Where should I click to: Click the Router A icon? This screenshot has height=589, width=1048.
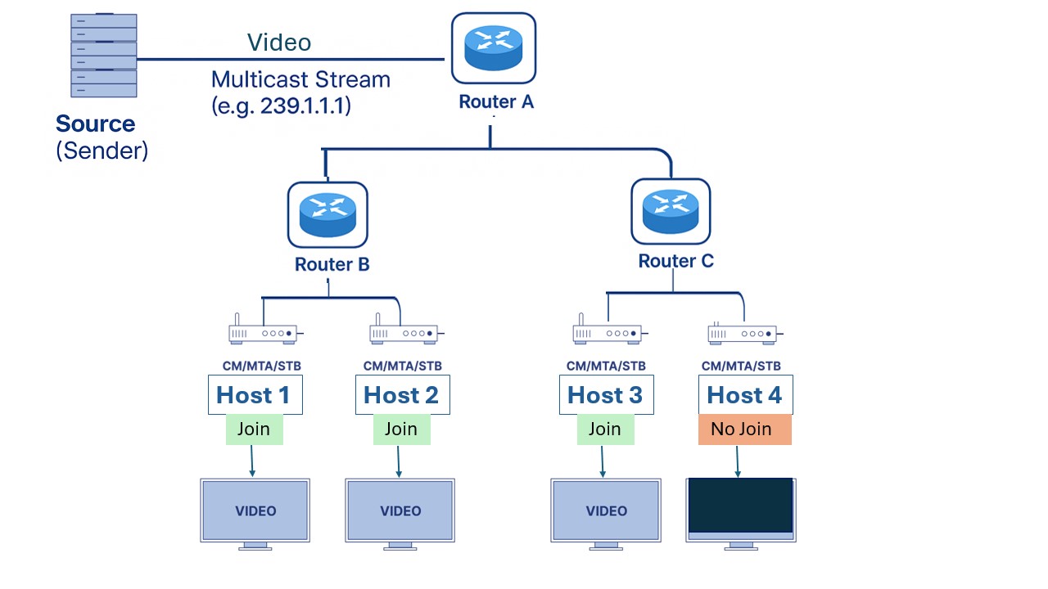[x=493, y=50]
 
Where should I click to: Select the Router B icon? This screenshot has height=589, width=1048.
[x=327, y=214]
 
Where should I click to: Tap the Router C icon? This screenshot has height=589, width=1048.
[x=671, y=211]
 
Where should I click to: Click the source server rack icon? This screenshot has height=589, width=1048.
[x=104, y=55]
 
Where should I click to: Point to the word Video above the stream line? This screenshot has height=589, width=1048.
[x=279, y=43]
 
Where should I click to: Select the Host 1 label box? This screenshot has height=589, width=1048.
[x=254, y=395]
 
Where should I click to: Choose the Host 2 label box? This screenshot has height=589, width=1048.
[x=401, y=395]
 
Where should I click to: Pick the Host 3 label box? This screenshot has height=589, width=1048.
[x=605, y=395]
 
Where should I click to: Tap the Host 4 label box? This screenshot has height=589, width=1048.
[x=744, y=395]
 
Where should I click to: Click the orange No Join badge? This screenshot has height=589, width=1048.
[x=744, y=429]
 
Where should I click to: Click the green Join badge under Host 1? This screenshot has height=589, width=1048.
[x=254, y=429]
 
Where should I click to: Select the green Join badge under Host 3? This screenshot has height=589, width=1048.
[x=605, y=429]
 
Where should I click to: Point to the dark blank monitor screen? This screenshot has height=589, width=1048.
[x=741, y=506]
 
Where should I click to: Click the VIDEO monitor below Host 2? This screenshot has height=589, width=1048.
[x=400, y=510]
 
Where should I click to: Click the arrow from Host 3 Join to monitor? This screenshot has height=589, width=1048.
[x=603, y=461]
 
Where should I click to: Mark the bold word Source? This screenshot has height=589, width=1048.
[x=95, y=124]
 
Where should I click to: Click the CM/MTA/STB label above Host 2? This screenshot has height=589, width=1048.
[x=402, y=366]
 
